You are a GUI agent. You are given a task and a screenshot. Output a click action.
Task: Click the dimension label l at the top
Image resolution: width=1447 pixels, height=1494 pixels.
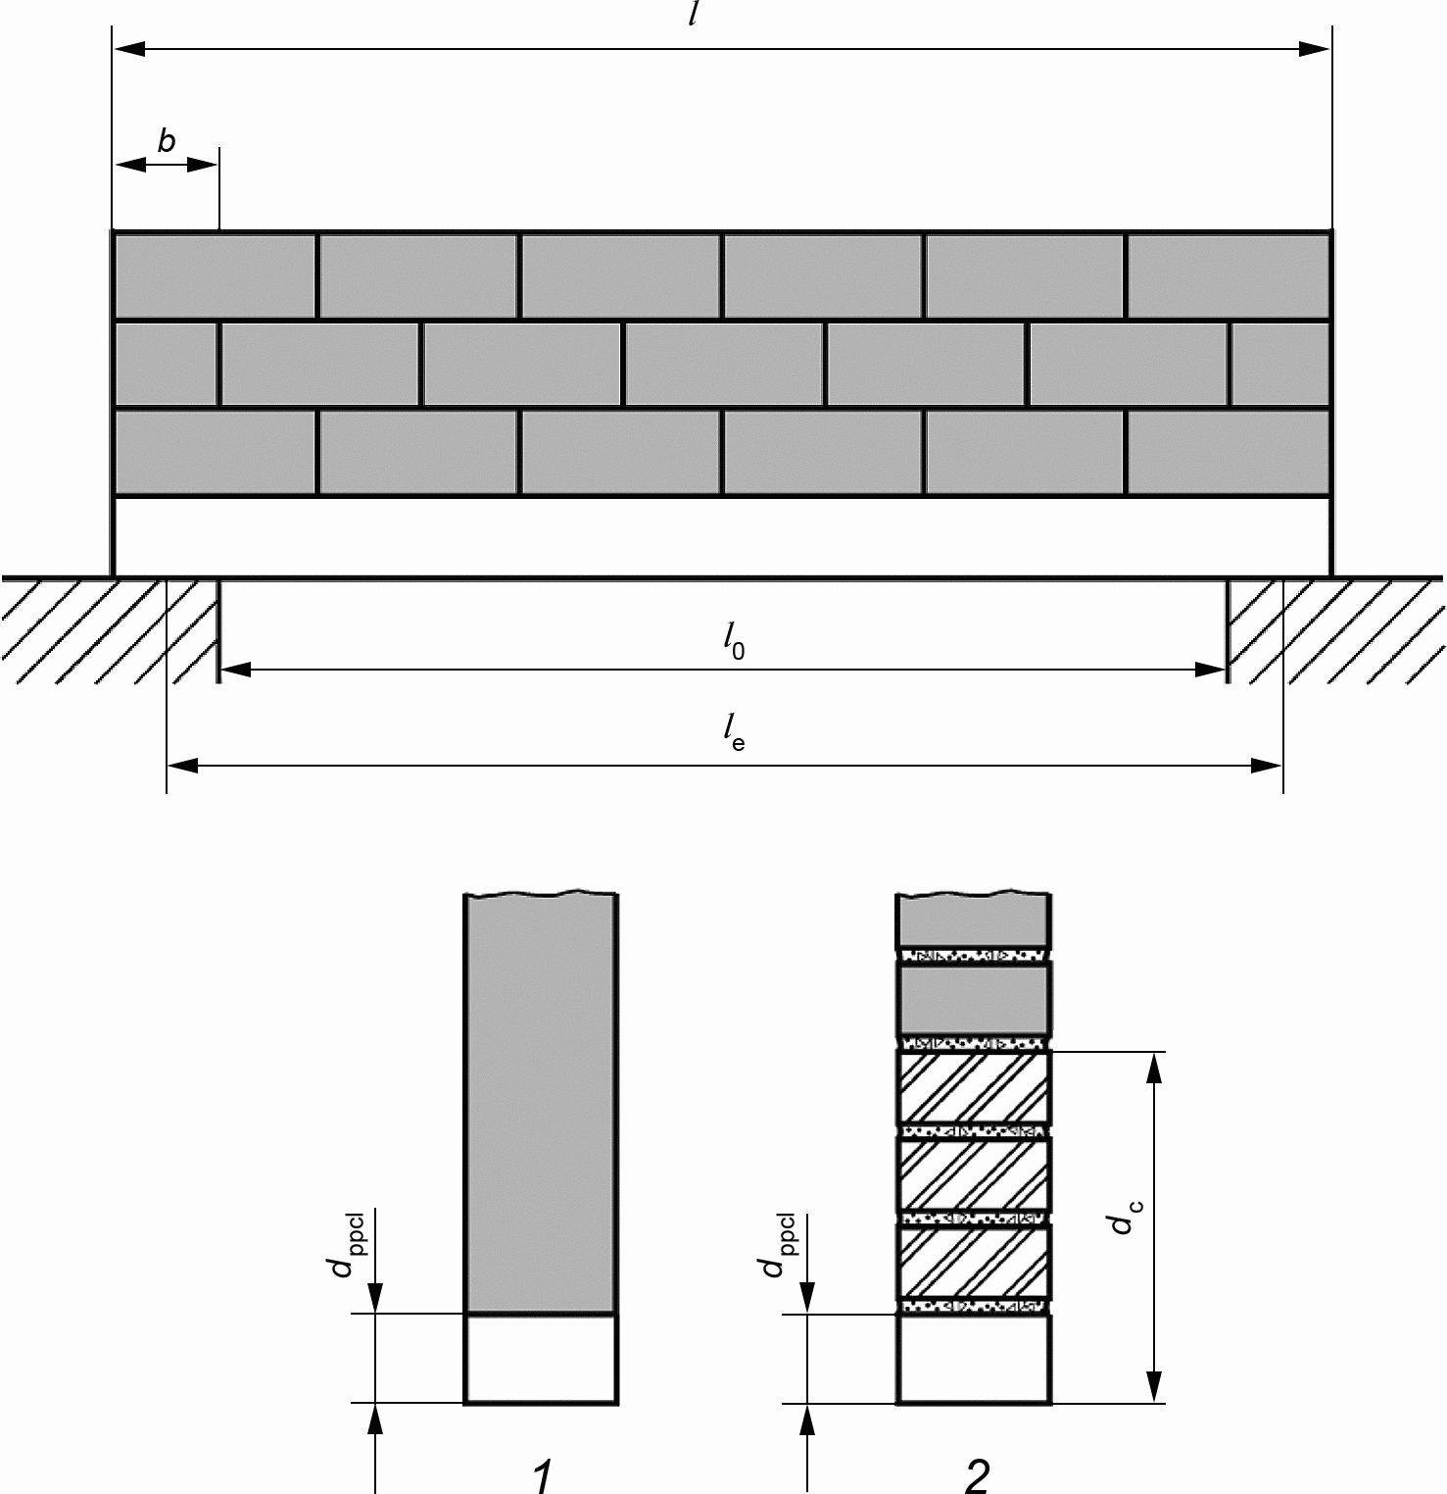pos(693,14)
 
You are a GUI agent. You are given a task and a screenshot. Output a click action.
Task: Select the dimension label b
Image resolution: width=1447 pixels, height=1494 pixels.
pos(167,141)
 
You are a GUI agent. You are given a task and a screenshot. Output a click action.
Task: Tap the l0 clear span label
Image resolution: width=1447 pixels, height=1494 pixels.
pos(734,643)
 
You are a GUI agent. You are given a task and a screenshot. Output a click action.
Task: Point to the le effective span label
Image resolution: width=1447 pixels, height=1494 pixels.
pos(734,731)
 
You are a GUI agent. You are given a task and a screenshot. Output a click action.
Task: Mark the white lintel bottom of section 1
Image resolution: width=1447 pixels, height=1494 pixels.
pos(541,1359)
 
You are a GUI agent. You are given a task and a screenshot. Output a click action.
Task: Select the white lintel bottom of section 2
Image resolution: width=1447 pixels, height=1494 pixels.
pos(974,1360)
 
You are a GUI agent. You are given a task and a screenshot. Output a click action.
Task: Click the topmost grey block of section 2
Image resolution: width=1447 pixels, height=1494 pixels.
pos(974,920)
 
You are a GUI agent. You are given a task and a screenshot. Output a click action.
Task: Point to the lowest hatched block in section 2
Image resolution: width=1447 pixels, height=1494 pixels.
pos(974,1263)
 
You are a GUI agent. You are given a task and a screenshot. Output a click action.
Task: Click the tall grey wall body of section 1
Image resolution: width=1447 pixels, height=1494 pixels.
pos(541,1103)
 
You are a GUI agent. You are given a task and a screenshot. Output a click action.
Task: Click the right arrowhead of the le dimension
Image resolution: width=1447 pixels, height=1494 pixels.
pos(1267,766)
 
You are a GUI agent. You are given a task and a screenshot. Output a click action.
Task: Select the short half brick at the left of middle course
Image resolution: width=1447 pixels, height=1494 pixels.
pos(166,364)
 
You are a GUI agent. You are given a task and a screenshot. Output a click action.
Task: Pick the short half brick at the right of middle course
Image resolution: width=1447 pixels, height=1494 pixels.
pos(1280,364)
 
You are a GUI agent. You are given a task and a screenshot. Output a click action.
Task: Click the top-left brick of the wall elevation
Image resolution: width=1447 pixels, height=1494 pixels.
pos(215,275)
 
